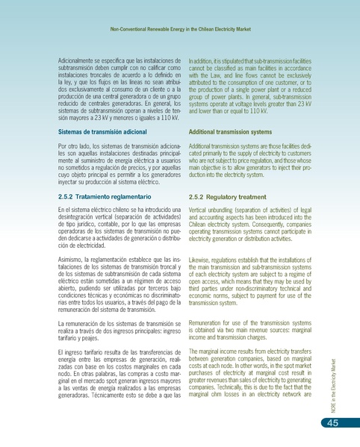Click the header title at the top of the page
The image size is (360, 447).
[x=179, y=30]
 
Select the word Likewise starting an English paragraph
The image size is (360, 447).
[x=200, y=254]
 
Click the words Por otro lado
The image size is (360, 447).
[x=72, y=145]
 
